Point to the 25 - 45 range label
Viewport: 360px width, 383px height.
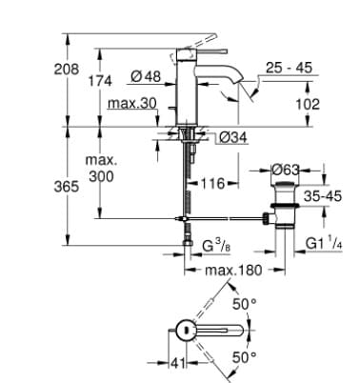[x=290, y=71]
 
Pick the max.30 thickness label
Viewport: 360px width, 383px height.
[x=132, y=103]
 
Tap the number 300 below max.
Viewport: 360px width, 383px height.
[x=101, y=177]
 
